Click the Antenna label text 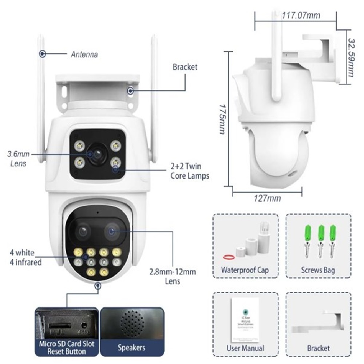[x=84, y=55]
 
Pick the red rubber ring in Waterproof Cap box [x=228, y=257]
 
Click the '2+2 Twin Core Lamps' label [x=190, y=171]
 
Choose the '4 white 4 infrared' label [x=25, y=257]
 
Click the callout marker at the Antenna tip [x=43, y=54]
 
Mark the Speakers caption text [x=131, y=348]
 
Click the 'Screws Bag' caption [x=318, y=270]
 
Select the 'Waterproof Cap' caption [x=245, y=270]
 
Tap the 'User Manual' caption [x=245, y=348]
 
